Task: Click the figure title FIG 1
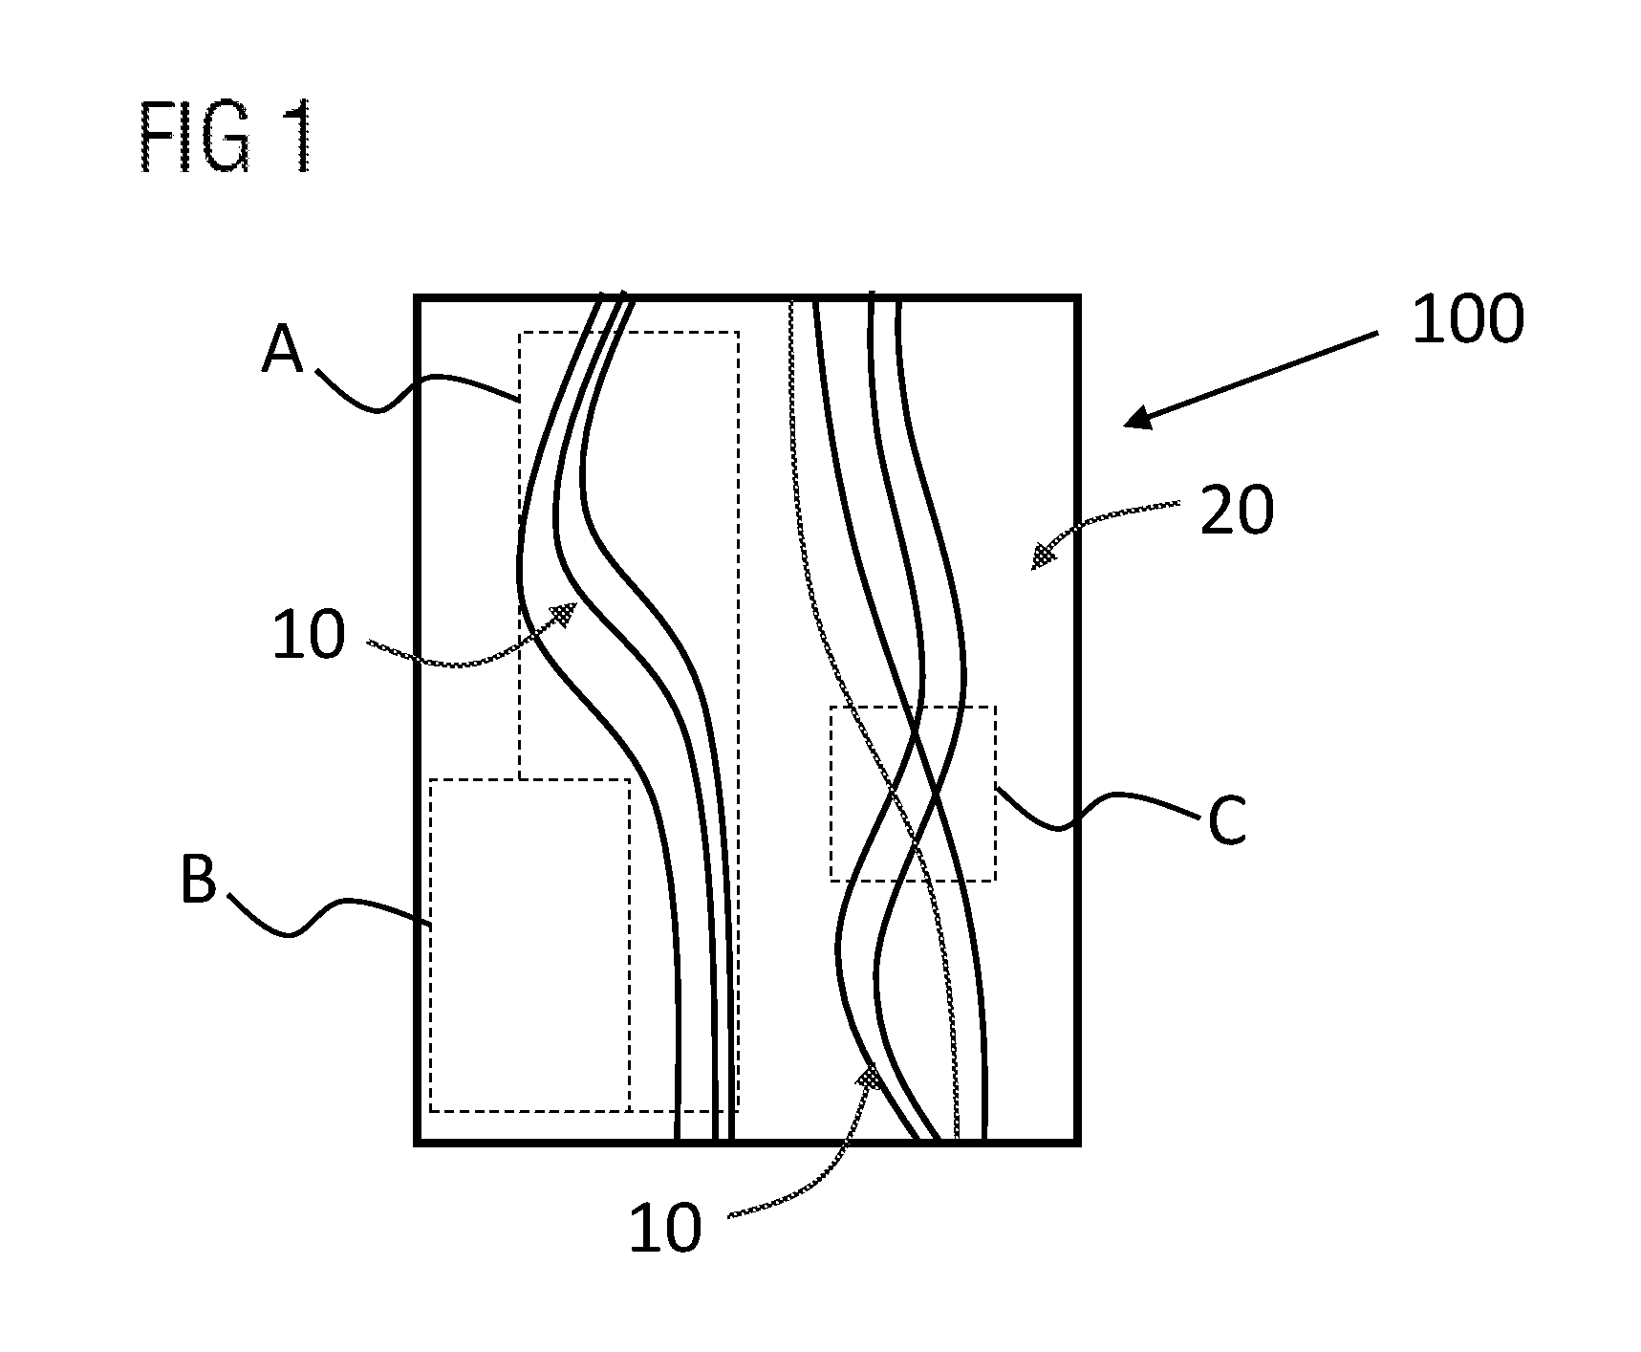[227, 140]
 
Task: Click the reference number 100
[1467, 319]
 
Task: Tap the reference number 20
[1237, 511]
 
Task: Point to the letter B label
[199, 879]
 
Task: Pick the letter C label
[1227, 821]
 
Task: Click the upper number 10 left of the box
[308, 636]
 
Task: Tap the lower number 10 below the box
[664, 1228]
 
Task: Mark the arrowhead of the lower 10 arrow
[870, 1077]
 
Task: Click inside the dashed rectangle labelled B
[529, 945]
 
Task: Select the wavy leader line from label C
[1096, 808]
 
